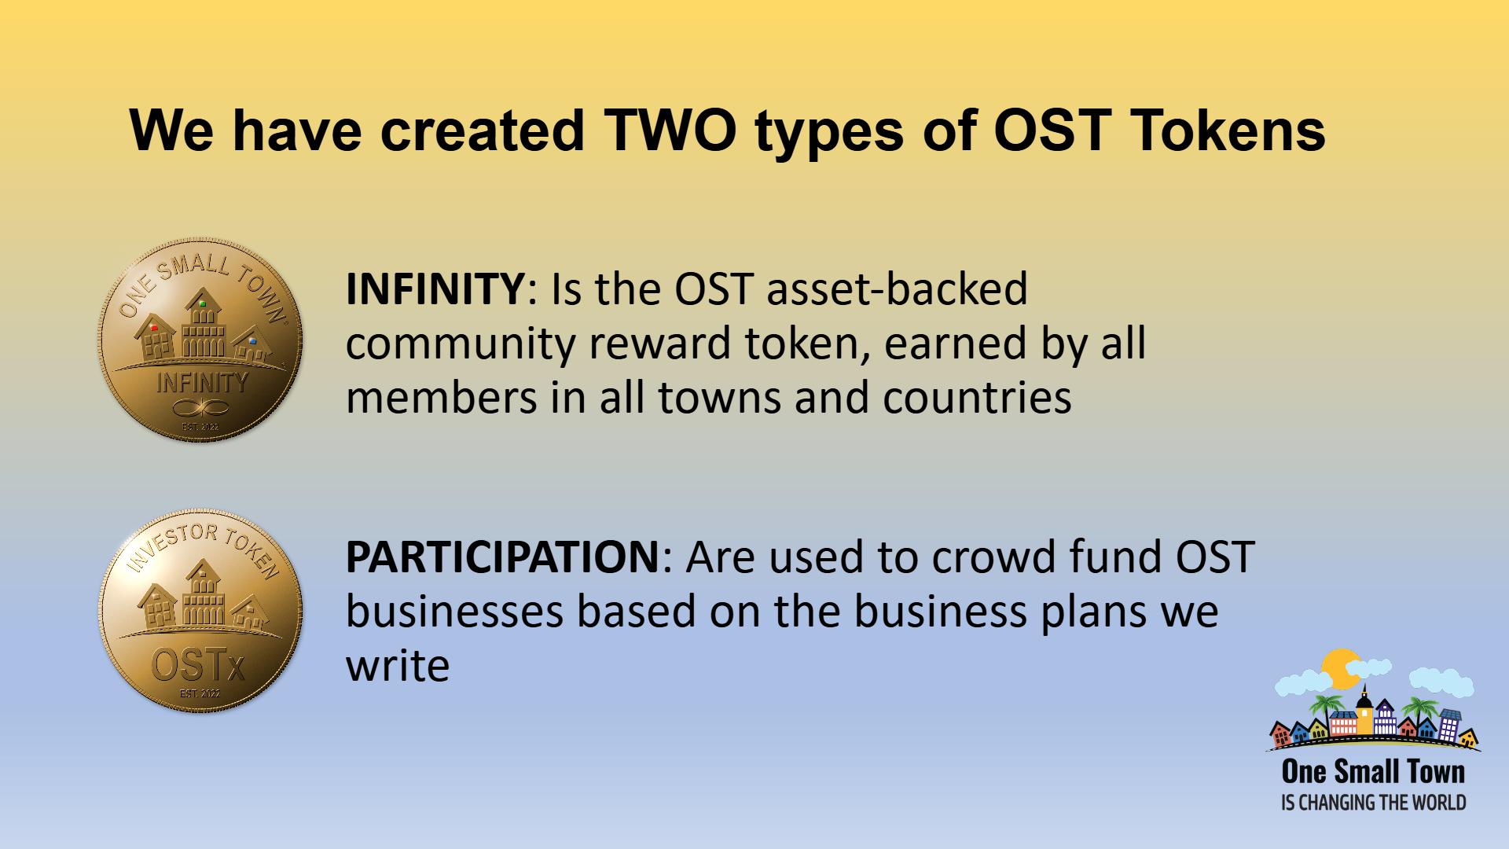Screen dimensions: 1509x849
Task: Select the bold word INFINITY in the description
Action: (435, 289)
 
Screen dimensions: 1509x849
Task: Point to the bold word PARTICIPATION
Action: (501, 557)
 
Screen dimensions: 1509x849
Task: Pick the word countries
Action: (977, 398)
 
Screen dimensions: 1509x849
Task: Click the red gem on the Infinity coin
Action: (154, 328)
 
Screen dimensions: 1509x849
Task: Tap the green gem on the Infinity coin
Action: (203, 303)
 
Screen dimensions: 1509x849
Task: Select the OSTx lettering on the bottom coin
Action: (198, 667)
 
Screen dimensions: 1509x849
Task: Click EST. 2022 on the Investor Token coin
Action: (200, 694)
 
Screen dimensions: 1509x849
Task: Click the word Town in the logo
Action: (1435, 771)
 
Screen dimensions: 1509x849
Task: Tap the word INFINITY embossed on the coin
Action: (201, 382)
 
